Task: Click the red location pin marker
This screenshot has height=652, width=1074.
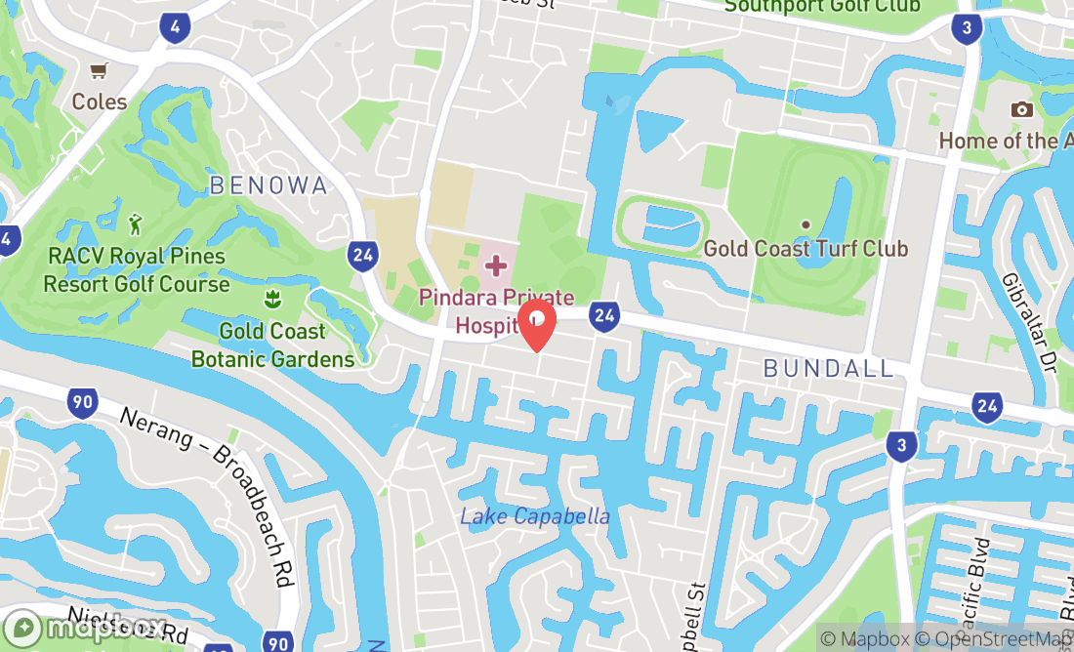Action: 537,324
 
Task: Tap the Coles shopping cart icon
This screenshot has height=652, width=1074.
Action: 98,70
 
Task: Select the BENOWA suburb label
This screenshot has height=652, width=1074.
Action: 268,185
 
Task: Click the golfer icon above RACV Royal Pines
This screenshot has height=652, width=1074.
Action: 136,224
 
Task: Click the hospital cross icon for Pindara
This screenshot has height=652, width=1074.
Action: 496,265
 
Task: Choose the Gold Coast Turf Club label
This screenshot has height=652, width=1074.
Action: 805,249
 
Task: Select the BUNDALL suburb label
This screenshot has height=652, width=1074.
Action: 829,368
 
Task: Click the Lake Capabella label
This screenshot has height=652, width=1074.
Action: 535,516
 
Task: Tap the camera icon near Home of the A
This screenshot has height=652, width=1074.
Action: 1022,109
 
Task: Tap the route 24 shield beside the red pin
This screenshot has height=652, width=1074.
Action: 605,314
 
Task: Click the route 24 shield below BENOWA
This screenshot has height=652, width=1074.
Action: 361,256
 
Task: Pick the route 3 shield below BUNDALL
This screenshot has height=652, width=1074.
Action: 902,447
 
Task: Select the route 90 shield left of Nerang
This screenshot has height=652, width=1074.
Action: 83,400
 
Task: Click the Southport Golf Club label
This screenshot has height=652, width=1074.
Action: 821,6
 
